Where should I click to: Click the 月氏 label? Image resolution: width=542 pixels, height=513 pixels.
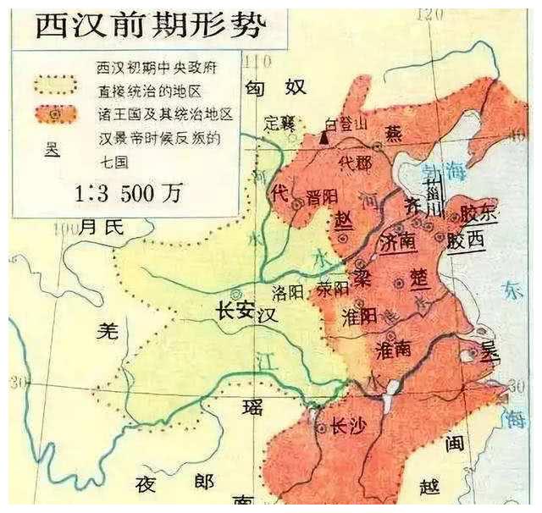(x=102, y=226)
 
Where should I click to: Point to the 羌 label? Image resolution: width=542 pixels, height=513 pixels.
(x=106, y=332)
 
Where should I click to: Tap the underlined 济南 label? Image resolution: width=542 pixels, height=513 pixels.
(x=399, y=241)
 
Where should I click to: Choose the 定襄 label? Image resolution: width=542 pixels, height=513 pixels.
(x=279, y=122)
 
